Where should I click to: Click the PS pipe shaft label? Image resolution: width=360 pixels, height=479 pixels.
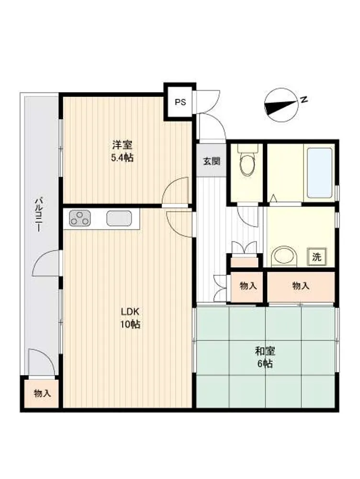[180, 102]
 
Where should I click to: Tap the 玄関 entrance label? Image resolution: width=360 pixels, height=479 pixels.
[212, 161]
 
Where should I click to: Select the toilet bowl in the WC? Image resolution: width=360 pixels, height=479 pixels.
[247, 162]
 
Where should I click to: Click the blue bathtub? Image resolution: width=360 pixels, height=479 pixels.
[319, 173]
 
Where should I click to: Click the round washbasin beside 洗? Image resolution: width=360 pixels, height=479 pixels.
[284, 256]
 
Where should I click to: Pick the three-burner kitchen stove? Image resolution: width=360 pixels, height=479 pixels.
[80, 218]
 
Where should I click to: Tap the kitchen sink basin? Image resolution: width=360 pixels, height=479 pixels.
[119, 218]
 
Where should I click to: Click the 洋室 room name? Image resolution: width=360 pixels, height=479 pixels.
[122, 145]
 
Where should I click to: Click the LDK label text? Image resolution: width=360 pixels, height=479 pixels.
[130, 312]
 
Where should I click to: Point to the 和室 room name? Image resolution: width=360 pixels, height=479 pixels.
[265, 351]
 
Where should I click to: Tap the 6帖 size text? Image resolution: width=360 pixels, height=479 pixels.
[265, 364]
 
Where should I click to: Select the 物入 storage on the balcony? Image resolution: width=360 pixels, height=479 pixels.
[42, 393]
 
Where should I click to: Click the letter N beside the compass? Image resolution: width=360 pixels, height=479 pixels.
[304, 100]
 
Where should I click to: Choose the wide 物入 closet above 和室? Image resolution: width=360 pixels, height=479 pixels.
[301, 286]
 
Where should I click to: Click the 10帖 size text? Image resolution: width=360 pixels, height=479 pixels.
[130, 324]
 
